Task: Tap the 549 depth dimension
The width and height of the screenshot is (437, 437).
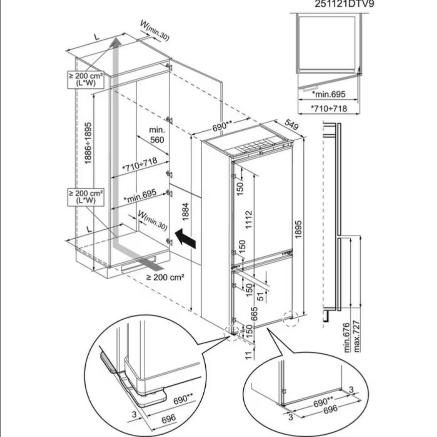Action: [x=291, y=125]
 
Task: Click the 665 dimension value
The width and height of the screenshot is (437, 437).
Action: [x=255, y=313]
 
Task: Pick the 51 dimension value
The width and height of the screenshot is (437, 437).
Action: [x=260, y=295]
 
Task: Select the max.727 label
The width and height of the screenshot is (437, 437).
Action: [x=357, y=338]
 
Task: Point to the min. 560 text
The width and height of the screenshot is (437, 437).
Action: [x=157, y=135]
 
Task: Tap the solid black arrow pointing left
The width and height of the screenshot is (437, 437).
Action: [x=184, y=238]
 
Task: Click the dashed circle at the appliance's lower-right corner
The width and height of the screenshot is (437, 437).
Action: [x=290, y=318]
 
